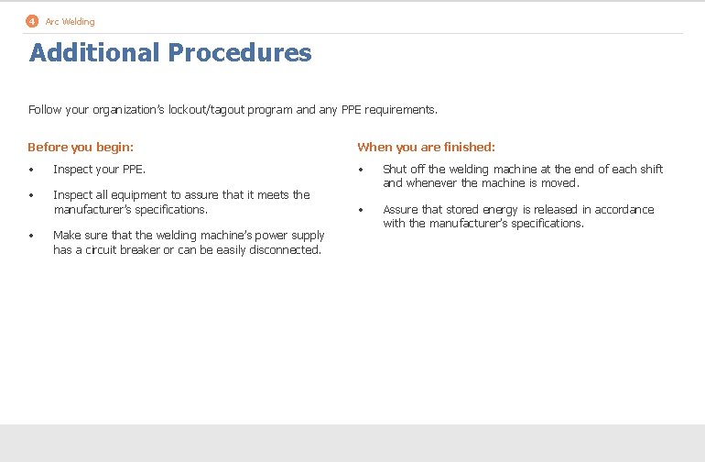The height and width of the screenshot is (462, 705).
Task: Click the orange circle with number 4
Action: (32, 21)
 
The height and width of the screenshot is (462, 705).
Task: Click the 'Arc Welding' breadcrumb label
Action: (70, 21)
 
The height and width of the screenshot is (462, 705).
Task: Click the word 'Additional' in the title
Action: (94, 53)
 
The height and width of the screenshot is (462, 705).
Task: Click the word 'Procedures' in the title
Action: (240, 53)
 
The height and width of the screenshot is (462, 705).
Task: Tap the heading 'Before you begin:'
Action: (81, 147)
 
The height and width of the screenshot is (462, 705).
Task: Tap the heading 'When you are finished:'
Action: (426, 147)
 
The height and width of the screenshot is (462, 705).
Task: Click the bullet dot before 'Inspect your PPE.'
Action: (31, 170)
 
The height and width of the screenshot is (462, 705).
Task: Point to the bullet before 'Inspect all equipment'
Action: (31, 195)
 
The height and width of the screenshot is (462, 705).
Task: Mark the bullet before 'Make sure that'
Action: (31, 236)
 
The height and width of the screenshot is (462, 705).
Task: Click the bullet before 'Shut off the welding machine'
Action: (361, 170)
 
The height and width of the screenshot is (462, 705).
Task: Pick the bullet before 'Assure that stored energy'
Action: (361, 210)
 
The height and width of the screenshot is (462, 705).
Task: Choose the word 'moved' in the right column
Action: (559, 182)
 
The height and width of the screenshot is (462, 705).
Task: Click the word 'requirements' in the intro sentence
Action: (400, 110)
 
